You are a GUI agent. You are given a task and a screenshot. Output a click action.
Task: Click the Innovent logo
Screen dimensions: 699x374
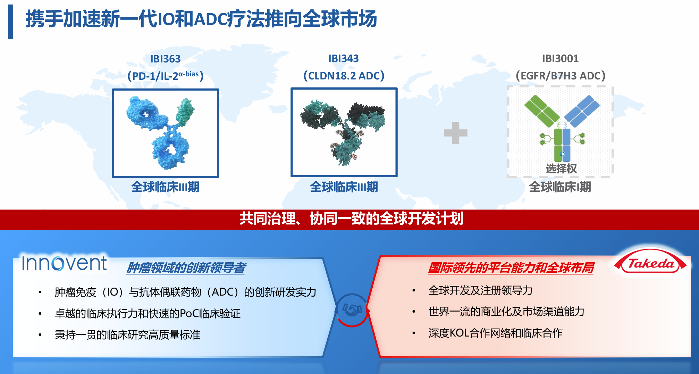(64, 263)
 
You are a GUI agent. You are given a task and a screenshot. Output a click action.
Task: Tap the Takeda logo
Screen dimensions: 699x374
(650, 263)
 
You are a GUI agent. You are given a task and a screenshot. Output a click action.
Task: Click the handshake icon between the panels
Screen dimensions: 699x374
(352, 309)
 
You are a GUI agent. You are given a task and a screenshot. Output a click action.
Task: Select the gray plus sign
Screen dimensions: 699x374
(456, 133)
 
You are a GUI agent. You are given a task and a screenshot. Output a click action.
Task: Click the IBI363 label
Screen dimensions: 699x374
(165, 59)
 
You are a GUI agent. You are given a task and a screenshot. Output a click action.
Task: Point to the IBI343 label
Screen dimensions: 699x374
(344, 59)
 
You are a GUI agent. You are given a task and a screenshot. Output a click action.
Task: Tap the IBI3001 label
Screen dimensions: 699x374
(560, 59)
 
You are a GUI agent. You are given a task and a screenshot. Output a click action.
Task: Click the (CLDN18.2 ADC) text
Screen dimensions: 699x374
(344, 76)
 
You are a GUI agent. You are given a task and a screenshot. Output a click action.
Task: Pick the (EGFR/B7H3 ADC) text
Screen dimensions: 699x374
(561, 76)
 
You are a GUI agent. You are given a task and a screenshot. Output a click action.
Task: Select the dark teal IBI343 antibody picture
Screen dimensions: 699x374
(344, 133)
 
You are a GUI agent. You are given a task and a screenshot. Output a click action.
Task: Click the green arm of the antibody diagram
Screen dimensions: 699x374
(541, 111)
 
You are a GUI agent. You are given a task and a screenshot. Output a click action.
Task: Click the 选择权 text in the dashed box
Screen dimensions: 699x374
(561, 169)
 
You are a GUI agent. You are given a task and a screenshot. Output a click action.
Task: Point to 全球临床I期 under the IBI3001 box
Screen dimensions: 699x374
(560, 187)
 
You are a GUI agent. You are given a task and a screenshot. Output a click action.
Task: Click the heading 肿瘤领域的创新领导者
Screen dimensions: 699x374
(186, 268)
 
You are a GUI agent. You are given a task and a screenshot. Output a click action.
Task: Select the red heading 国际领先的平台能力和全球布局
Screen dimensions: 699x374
(511, 268)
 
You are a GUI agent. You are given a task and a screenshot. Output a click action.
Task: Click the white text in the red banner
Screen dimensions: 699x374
(351, 219)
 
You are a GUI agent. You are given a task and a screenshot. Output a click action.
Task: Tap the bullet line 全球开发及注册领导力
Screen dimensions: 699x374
(480, 290)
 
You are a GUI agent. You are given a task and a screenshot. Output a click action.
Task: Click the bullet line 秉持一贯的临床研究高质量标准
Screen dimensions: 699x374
(127, 335)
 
